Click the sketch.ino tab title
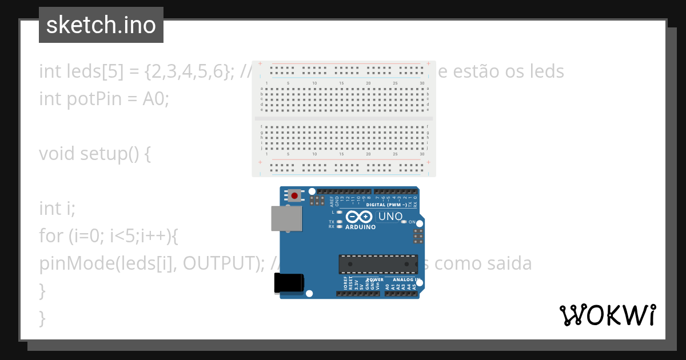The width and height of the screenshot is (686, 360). click(101, 25)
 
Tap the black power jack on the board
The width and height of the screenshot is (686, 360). click(289, 283)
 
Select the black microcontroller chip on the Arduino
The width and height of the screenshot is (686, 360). click(377, 264)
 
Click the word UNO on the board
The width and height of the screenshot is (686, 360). click(390, 217)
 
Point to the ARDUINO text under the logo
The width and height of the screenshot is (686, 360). click(361, 227)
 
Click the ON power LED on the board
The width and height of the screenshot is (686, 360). click(404, 222)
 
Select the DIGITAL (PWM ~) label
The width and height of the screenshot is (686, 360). click(386, 205)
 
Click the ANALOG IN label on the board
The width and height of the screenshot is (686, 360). click(407, 280)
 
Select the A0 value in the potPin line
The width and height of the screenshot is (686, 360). click(154, 98)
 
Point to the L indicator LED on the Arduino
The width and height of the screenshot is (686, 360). click(340, 212)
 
